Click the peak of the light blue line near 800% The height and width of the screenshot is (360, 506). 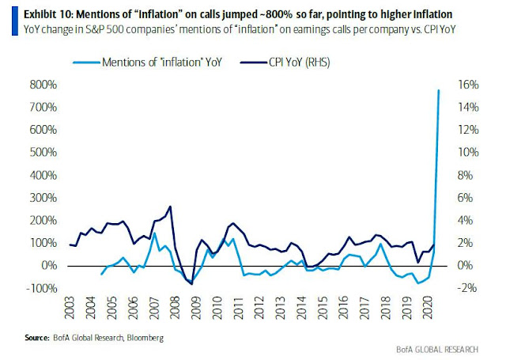coord(439,90)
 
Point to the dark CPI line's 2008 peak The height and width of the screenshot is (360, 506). coord(171,207)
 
